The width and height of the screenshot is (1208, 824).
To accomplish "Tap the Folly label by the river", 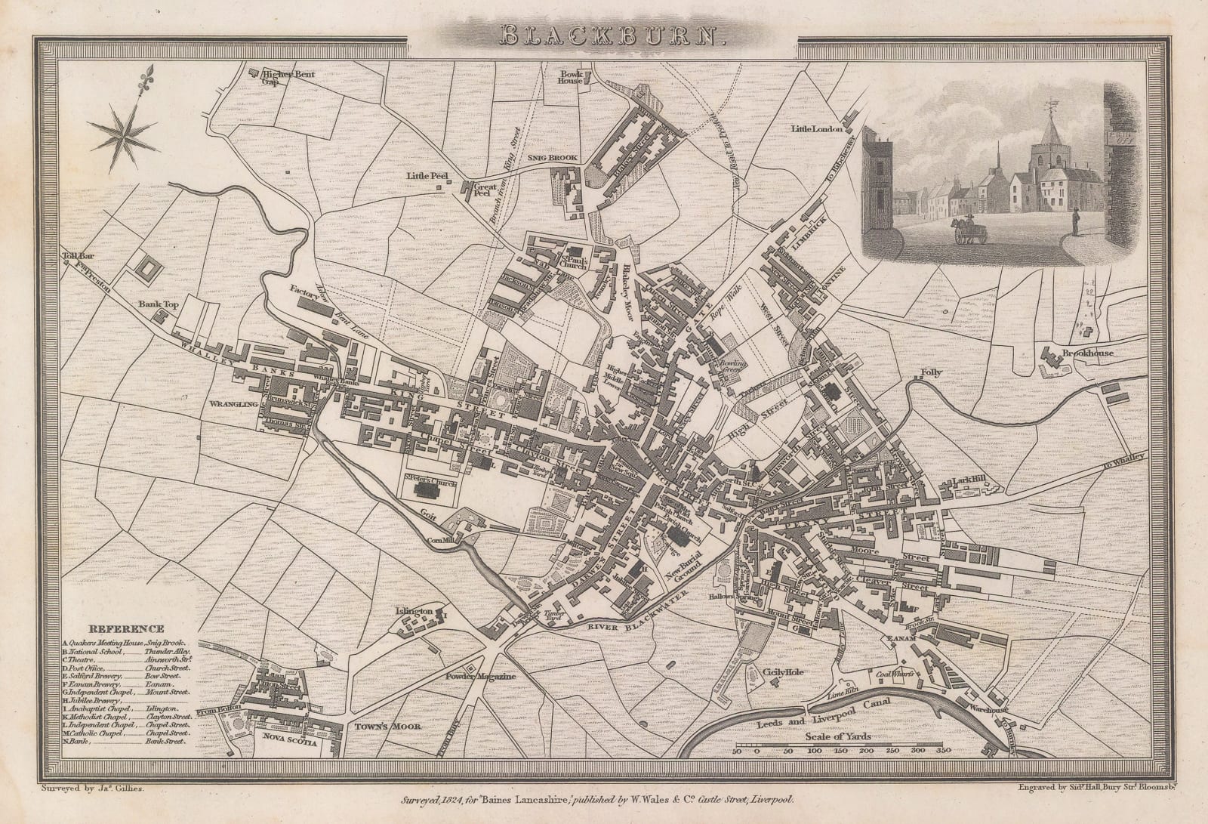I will tap(931, 373).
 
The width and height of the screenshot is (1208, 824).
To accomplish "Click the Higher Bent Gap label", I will tap(288, 75).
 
